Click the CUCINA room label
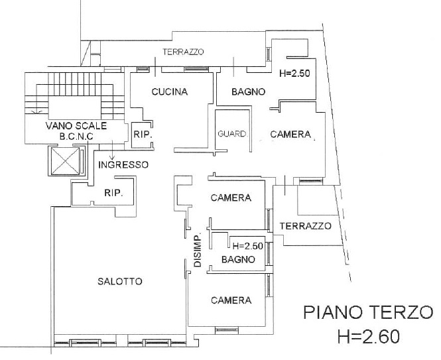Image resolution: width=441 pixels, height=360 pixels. tap(170, 91)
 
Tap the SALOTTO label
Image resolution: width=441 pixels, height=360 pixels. tap(120, 281)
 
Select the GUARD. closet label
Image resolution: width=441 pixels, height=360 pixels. tap(233, 134)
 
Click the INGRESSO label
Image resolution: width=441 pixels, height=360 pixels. tap(123, 164)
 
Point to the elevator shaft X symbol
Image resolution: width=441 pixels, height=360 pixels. tap(66, 161)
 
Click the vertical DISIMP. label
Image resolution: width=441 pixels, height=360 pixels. tap(198, 249)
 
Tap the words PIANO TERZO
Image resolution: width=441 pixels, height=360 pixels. tap(368, 312)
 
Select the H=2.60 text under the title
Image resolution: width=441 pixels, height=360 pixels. tap(369, 336)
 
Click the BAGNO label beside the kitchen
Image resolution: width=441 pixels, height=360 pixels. tap(248, 91)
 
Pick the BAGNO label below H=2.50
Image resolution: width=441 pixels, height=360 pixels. tap(238, 259)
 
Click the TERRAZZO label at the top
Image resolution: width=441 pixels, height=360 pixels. tap(183, 52)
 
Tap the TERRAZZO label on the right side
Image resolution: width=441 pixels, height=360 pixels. tap(306, 226)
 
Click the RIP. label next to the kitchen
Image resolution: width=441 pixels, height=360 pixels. tap(143, 134)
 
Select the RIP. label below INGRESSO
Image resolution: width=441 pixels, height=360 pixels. tap(113, 193)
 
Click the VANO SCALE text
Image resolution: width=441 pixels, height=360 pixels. tap(76, 125)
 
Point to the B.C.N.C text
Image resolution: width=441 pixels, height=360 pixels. tap(76, 137)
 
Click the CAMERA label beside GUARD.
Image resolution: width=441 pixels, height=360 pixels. tap(290, 134)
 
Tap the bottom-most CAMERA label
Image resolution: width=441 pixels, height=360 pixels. tap(231, 300)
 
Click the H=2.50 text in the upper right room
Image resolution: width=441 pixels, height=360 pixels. tap(294, 74)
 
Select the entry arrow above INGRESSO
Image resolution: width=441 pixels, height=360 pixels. tap(113, 149)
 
